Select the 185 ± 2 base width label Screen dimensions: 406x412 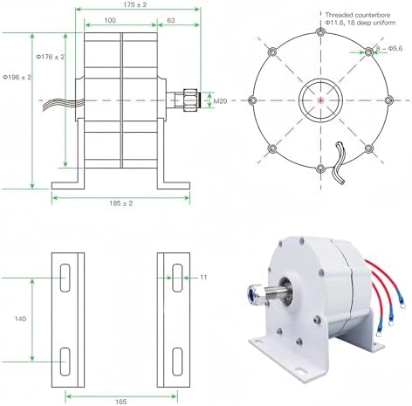[x=120, y=204]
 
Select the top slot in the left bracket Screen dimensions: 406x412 [x=67, y=279]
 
